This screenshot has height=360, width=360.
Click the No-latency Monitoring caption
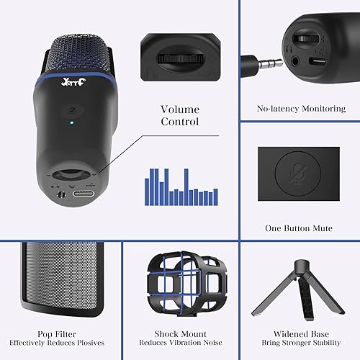[301, 109]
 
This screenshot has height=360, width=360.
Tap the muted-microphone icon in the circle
[299, 177]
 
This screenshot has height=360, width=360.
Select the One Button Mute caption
[299, 228]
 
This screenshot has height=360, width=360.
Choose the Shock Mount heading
[180, 334]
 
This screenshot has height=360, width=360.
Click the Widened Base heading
[301, 334]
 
